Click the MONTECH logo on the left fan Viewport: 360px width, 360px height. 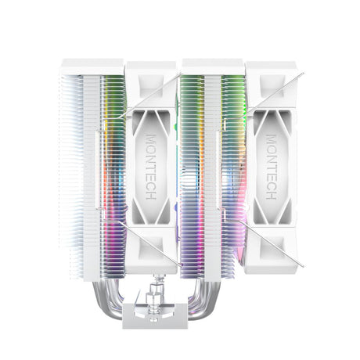pos(151,166)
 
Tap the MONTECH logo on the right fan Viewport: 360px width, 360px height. pos(270,166)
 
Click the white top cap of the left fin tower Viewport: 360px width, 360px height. pos(92,67)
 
